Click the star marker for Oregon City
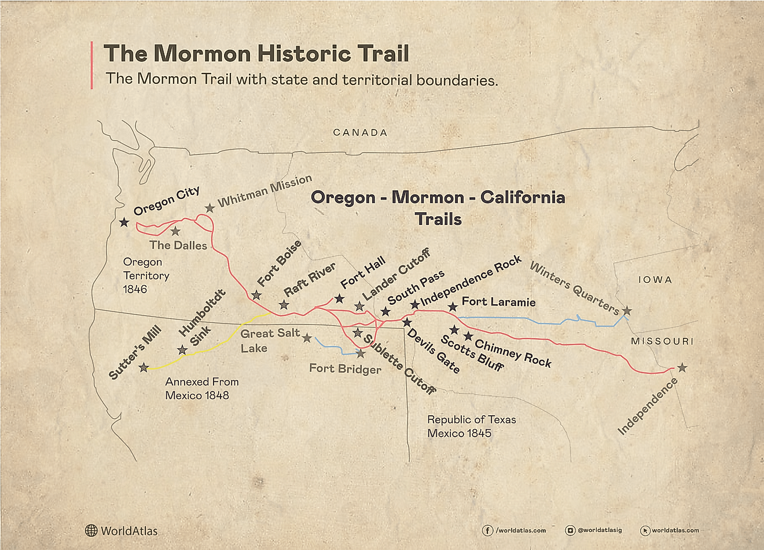pyautogui.click(x=123, y=222)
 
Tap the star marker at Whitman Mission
pyautogui.click(x=210, y=208)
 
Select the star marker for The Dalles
pyautogui.click(x=175, y=231)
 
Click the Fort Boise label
pyautogui.click(x=279, y=263)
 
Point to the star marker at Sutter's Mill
pyautogui.click(x=144, y=367)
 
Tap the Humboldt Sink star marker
pyautogui.click(x=182, y=350)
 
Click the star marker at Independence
pyautogui.click(x=682, y=367)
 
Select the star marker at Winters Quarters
pyautogui.click(x=626, y=311)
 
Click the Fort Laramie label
pyautogui.click(x=498, y=301)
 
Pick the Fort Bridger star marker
pyautogui.click(x=360, y=353)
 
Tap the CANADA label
pyautogui.click(x=360, y=132)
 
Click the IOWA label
pyautogui.click(x=655, y=280)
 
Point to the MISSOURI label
pyautogui.click(x=662, y=341)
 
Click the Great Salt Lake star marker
pyautogui.click(x=307, y=338)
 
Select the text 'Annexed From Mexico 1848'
pyautogui.click(x=201, y=389)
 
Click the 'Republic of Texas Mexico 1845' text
pyautogui.click(x=471, y=426)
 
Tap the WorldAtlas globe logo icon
pyautogui.click(x=91, y=530)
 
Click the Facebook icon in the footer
pyautogui.click(x=487, y=530)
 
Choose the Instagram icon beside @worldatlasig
pyautogui.click(x=571, y=530)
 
